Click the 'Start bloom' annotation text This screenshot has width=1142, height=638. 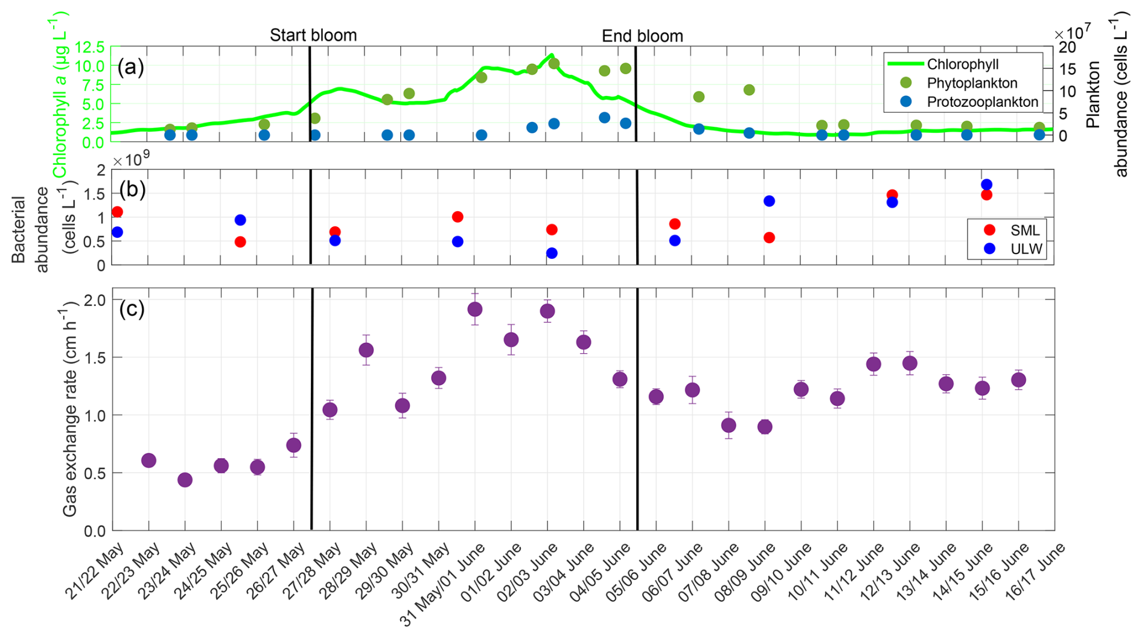313,36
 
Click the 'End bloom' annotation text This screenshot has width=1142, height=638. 642,36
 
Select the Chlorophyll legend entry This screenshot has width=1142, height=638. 962,64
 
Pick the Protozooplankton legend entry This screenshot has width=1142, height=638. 982,102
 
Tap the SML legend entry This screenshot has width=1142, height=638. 1024,230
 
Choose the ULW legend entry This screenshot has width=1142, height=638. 1026,248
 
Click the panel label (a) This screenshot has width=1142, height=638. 131,66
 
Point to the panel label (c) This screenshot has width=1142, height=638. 132,308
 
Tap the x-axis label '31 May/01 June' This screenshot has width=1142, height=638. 444,583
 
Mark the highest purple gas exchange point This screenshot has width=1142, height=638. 475,309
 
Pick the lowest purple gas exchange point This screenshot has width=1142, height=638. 185,480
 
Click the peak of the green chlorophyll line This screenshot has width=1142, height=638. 550,55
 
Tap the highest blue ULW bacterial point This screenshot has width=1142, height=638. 986,185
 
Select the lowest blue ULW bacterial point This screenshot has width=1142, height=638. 552,254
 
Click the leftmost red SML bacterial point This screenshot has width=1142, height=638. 117,212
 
